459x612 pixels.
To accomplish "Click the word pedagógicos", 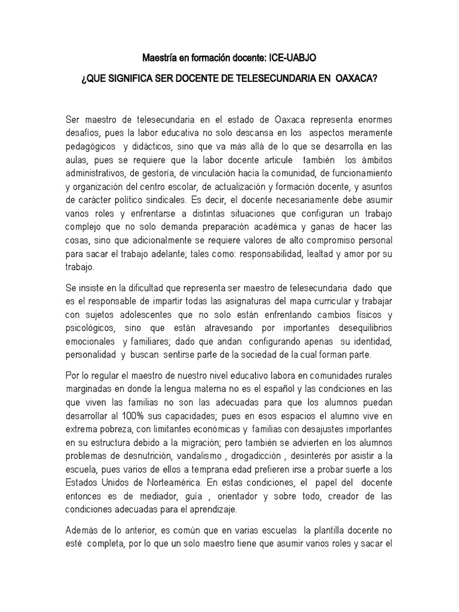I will point(90,147).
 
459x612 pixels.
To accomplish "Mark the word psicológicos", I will point(91,325).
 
